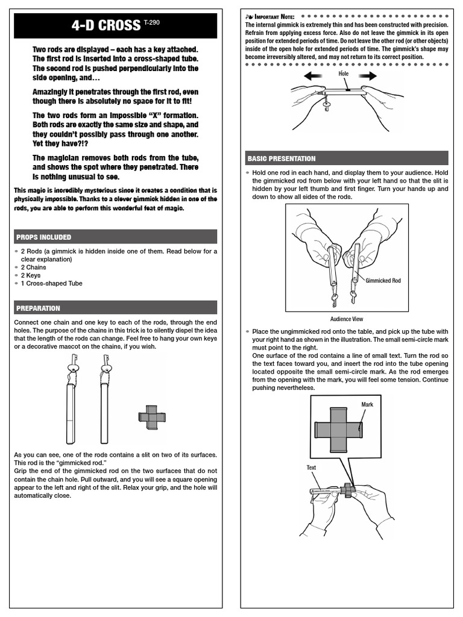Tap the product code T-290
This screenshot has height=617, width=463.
coord(153,22)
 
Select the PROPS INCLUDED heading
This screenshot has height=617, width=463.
coord(43,237)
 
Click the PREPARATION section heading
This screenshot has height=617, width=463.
coord(38,308)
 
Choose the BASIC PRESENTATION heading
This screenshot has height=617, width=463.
coord(282,158)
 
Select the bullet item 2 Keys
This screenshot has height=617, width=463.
coord(32,275)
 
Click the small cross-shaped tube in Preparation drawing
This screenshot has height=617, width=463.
coord(151,416)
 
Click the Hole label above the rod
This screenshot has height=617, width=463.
coord(344,73)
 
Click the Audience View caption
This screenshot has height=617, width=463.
coord(347,319)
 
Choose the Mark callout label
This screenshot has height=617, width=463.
coord(367,404)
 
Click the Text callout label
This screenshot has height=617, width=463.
coord(311,467)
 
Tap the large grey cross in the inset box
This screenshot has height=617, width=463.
coord(338,429)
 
